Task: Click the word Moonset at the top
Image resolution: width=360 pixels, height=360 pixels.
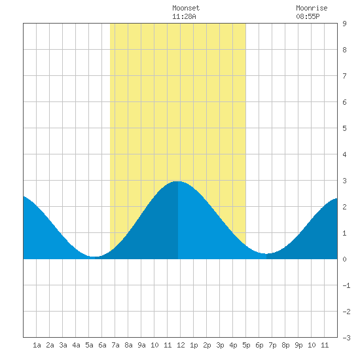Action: click(x=186, y=8)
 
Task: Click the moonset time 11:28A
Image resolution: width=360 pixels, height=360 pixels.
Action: click(x=184, y=16)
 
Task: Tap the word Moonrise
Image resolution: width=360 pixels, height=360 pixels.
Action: click(x=312, y=8)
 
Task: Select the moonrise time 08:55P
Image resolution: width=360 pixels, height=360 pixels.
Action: click(x=308, y=16)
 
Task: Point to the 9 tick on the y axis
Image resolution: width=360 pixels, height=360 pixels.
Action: click(x=344, y=24)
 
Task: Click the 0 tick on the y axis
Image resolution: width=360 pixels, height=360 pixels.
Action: click(x=344, y=259)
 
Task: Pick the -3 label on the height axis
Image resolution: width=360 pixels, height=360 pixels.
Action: click(x=346, y=338)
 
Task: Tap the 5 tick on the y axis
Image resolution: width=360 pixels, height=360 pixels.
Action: click(x=344, y=128)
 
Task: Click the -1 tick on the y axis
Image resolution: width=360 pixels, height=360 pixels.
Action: click(x=346, y=285)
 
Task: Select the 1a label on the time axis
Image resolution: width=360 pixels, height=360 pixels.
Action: click(x=37, y=345)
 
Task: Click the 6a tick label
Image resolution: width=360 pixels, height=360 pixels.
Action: click(x=102, y=345)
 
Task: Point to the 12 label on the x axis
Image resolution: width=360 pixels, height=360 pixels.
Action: click(x=181, y=345)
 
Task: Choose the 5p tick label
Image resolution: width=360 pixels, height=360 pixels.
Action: click(x=246, y=345)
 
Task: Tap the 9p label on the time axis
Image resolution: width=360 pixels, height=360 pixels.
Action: click(x=298, y=345)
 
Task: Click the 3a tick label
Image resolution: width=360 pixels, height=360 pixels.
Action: click(x=63, y=345)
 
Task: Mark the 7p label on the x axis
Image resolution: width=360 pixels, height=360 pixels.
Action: click(x=272, y=345)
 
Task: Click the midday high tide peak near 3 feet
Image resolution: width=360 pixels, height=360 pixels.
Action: click(x=177, y=181)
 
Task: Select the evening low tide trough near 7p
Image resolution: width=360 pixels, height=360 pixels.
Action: click(x=267, y=253)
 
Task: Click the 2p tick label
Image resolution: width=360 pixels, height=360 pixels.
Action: click(x=207, y=345)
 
